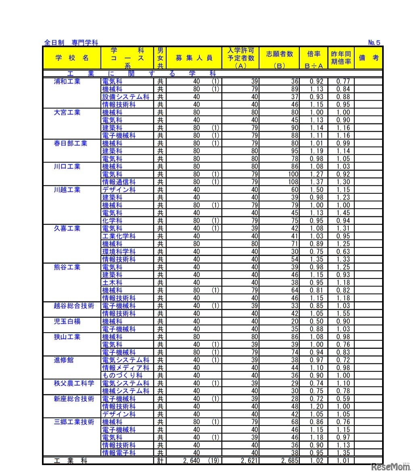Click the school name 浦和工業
67,81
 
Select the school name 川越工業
67,190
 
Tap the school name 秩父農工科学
74,383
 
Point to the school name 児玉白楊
67,321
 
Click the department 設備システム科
125,97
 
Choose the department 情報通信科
119,182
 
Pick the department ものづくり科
122,375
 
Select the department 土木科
112,283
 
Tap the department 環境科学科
119,252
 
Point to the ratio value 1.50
316,190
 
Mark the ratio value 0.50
316,321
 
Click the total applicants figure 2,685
289,461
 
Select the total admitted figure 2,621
250,461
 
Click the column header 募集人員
194,58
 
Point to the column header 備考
369,58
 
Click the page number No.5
374,42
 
